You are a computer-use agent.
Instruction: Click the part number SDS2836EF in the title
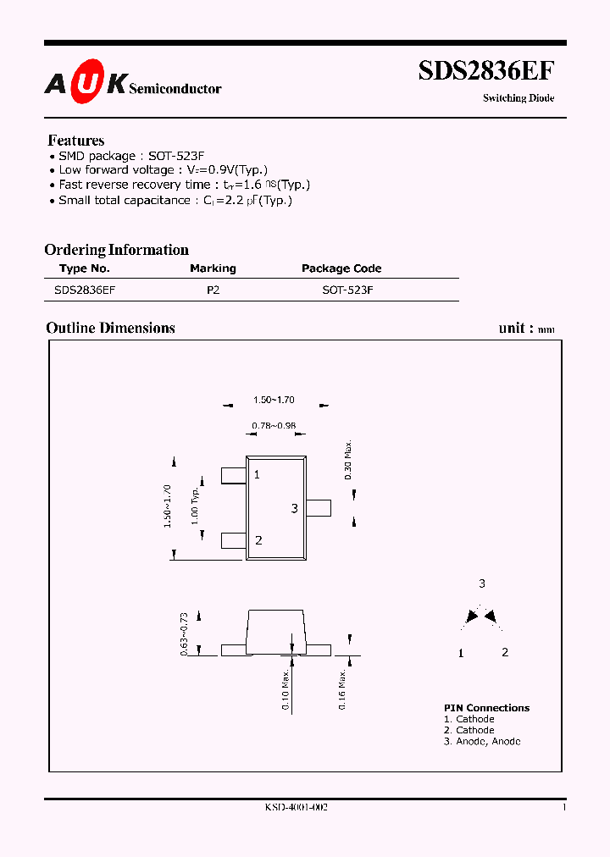(x=486, y=70)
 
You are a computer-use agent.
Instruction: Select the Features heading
(x=76, y=141)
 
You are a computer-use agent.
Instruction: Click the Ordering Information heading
(x=116, y=250)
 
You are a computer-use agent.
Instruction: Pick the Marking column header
(x=213, y=268)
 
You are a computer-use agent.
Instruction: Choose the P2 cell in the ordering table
(x=213, y=290)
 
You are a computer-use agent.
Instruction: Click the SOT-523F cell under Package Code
(x=347, y=290)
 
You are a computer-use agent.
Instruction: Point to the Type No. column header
(x=85, y=268)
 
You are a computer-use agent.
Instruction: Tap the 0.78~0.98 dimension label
(x=274, y=426)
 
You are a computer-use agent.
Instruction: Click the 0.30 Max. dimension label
(x=348, y=461)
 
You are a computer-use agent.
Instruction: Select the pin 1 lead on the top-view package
(x=233, y=475)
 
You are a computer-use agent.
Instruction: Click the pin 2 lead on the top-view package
(x=233, y=540)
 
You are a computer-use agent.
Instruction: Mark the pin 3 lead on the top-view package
(x=319, y=507)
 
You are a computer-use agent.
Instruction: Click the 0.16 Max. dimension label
(x=342, y=689)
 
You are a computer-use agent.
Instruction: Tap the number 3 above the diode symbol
(x=482, y=583)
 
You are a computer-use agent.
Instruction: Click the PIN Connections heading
(x=486, y=708)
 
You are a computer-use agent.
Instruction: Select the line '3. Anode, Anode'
(x=482, y=741)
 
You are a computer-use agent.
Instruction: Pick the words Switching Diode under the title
(x=518, y=98)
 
